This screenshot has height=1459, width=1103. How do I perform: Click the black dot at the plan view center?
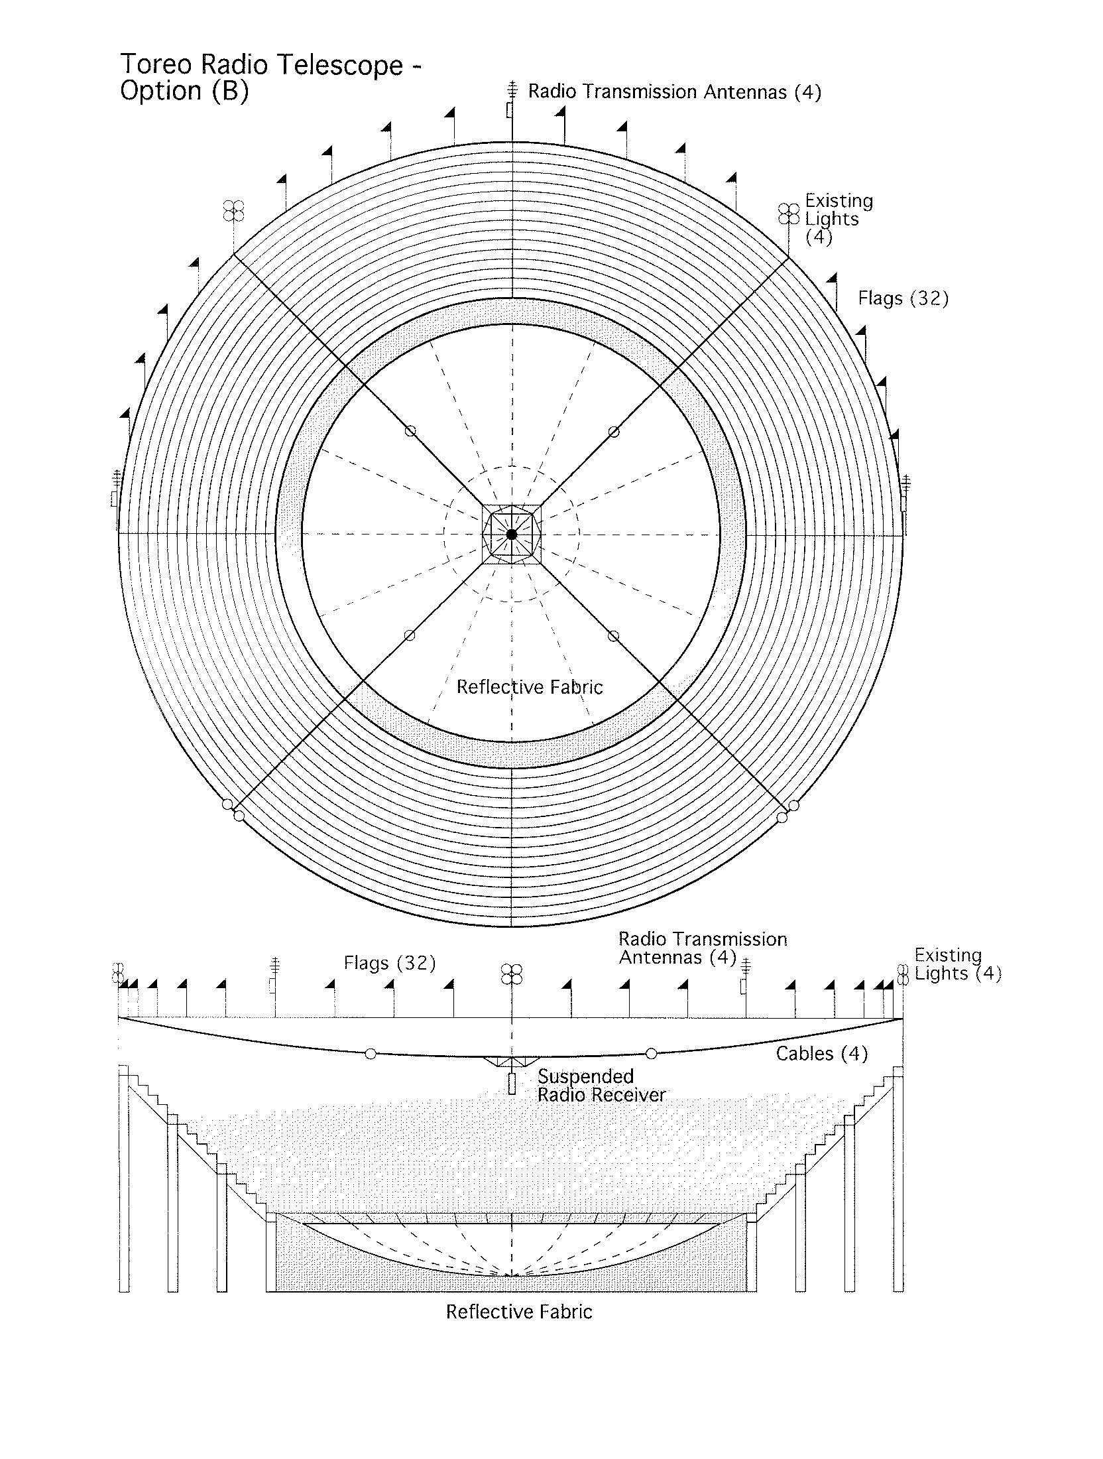coord(512,534)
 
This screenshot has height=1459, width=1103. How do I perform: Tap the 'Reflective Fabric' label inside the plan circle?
coord(530,687)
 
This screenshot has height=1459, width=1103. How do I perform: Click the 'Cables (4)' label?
coord(822,1054)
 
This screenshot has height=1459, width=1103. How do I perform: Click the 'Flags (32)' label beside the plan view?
coord(903,298)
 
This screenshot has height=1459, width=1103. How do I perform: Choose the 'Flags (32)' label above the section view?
coord(390,963)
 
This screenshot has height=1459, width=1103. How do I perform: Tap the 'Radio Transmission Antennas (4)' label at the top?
coord(674,92)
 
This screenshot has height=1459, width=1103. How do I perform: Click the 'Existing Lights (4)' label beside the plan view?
coord(839,220)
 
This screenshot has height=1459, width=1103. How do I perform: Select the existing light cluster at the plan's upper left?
coord(233,210)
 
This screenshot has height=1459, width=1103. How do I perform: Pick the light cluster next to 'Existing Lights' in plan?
coord(788,214)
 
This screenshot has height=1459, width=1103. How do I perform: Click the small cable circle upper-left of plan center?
coord(410,432)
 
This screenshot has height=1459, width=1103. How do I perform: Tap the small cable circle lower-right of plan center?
coord(613,636)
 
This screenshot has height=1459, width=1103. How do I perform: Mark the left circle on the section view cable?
coord(371,1054)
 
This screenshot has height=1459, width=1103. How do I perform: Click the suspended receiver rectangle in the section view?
coord(511,1084)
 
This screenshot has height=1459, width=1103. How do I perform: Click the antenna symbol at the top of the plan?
coord(511,99)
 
